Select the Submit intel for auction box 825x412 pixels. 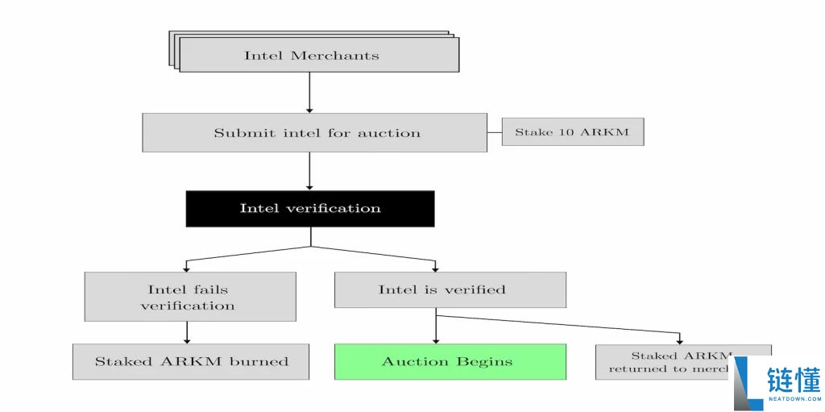coord(314,132)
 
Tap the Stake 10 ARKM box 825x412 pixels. coord(572,131)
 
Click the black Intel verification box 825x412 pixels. coord(310,208)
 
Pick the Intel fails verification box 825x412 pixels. coord(189,297)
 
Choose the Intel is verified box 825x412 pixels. coord(450,289)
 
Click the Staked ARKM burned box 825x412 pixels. coord(191,361)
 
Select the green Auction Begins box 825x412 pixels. coord(450,361)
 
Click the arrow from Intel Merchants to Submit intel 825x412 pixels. coord(309,92)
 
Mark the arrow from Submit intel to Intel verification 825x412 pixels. coord(309,171)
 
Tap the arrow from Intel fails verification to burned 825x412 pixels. coord(187,332)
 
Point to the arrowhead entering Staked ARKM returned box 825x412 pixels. coord(680,340)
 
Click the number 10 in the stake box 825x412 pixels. coord(566,132)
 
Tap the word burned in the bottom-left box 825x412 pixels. coord(259,361)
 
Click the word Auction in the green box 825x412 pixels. coord(412,361)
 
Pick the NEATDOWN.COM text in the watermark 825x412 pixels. coord(793,399)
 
